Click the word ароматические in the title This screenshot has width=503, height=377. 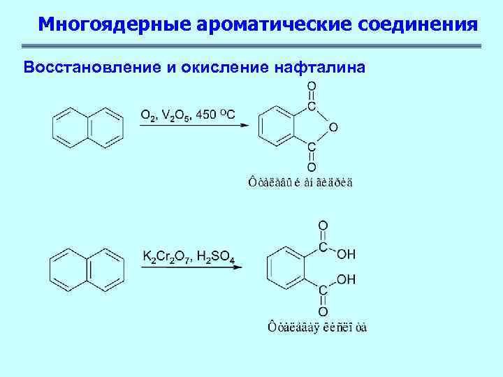point(275,25)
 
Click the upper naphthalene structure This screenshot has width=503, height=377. point(89,126)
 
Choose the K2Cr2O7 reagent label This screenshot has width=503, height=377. point(166,258)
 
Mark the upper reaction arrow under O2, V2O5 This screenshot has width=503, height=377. point(194,126)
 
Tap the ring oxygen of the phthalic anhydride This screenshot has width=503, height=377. point(333,127)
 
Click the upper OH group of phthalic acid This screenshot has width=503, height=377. point(346,254)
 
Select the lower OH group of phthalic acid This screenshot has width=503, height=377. point(346,279)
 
